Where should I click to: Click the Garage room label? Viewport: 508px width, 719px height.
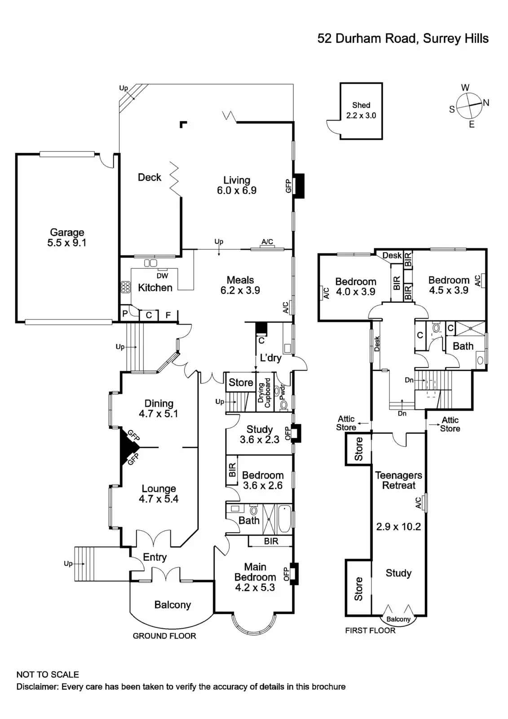[67, 238]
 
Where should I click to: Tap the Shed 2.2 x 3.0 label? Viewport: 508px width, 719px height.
[361, 110]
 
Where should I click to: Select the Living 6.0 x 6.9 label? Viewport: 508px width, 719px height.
[237, 185]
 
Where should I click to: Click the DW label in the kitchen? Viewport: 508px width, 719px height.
[162, 276]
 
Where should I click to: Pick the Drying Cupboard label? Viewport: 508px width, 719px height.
[264, 393]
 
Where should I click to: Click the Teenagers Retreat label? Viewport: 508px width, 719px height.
[398, 480]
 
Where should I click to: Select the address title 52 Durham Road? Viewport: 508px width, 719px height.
[402, 39]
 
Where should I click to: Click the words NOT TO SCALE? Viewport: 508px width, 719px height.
[48, 675]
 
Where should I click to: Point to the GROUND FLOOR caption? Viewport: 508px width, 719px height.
[164, 636]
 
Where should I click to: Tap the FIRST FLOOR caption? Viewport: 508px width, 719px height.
[370, 630]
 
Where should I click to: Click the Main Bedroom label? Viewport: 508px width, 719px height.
[255, 577]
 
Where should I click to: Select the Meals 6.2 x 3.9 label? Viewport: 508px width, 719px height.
[240, 285]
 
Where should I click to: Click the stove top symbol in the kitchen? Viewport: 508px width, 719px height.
[125, 287]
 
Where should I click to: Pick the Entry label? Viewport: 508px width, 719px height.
[155, 557]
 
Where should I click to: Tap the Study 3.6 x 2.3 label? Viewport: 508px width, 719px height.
[259, 435]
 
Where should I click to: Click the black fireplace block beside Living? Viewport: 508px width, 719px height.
[299, 185]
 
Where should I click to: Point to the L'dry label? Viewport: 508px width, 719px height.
[270, 358]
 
